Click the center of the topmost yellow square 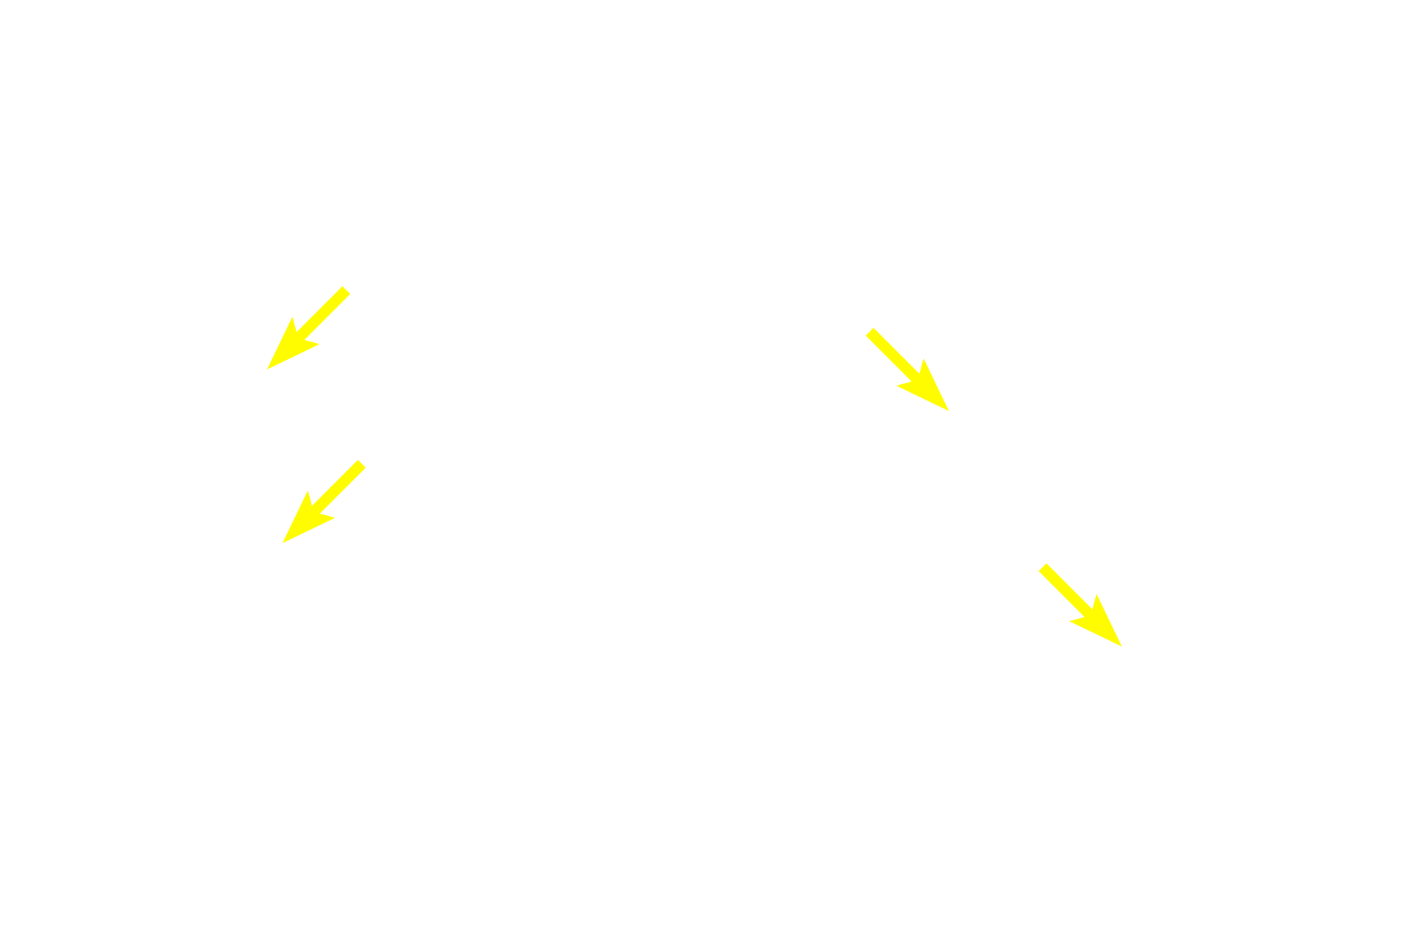(308, 328)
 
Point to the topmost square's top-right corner (351, 286)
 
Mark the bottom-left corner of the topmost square (266, 370)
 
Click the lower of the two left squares (324, 501)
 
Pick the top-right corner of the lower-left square (366, 459)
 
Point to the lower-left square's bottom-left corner (281, 544)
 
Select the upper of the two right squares (907, 369)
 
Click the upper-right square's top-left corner (865, 327)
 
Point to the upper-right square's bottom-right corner (950, 411)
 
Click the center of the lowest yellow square (1080, 605)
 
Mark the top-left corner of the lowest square (1038, 562)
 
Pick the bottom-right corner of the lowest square (1122, 647)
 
